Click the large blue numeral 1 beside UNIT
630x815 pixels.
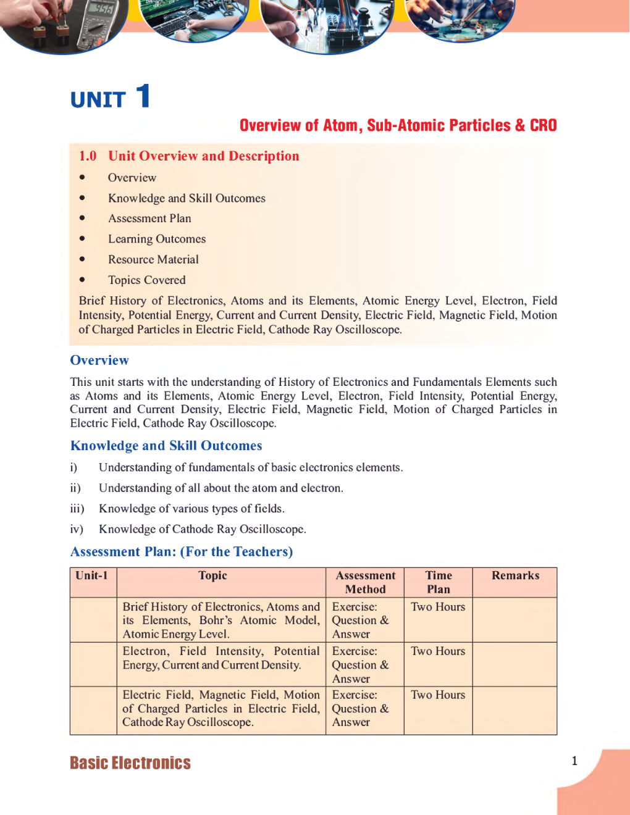click(143, 96)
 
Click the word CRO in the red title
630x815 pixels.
click(543, 125)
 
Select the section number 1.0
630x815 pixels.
click(88, 156)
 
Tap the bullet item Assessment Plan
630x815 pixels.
click(149, 219)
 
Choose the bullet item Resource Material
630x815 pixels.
click(153, 259)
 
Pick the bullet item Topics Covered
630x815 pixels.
click(146, 280)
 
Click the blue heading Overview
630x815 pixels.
click(99, 360)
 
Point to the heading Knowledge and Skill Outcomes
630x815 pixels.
click(166, 446)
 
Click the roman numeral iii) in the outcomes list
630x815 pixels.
click(77, 509)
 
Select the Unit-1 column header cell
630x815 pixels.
click(92, 575)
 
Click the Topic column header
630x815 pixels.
click(212, 575)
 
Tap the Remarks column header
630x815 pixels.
click(515, 575)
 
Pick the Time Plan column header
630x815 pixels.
click(439, 582)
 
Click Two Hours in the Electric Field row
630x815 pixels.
click(438, 695)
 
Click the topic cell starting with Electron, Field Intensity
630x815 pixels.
click(220, 658)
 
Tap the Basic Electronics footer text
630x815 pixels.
click(130, 763)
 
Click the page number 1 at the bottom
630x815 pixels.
click(574, 761)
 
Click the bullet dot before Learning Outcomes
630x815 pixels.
click(82, 239)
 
